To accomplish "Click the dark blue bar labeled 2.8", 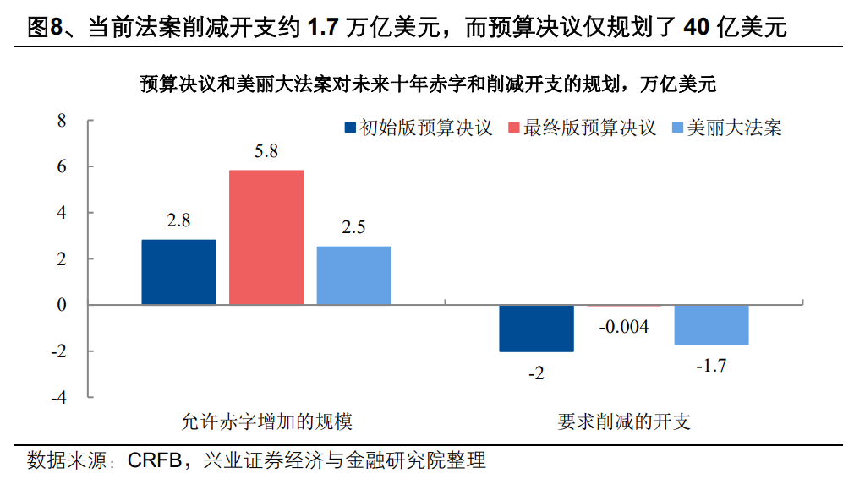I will point(178,272).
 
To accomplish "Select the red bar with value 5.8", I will point(266,237).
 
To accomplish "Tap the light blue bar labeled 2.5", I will point(354,275).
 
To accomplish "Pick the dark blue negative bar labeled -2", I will point(536,328).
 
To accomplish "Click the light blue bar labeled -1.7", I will point(711,324).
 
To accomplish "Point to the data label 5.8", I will point(266,152).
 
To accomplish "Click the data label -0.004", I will point(623,326).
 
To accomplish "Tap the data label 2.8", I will point(178,220).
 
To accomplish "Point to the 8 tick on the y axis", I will point(61,121).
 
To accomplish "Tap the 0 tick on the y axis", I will point(61,305).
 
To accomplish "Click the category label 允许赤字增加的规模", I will point(266,421).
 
